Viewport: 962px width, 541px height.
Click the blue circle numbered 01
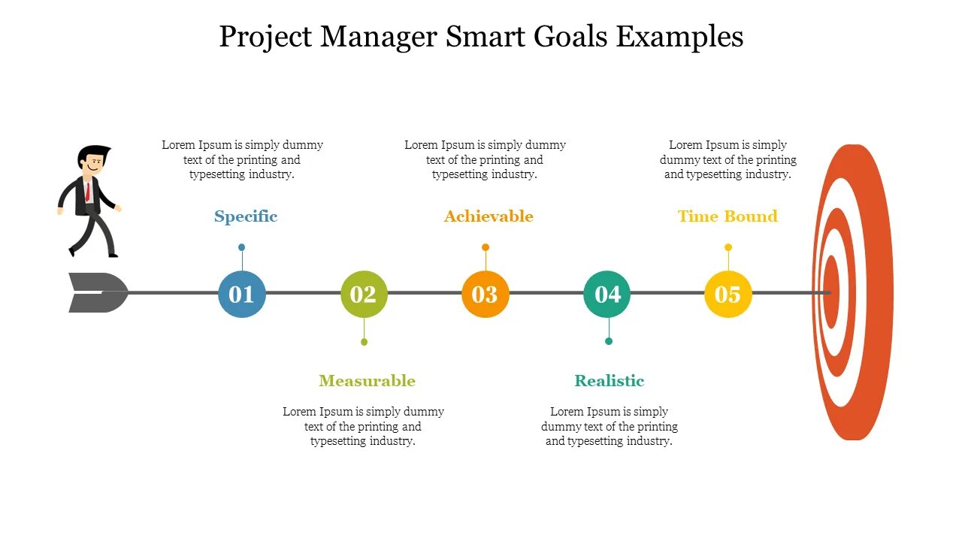[x=241, y=294]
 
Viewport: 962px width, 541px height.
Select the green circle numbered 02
[x=364, y=294]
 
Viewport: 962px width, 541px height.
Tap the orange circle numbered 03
[x=486, y=294]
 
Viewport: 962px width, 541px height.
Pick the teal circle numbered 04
[x=607, y=294]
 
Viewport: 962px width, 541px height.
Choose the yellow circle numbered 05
[x=728, y=294]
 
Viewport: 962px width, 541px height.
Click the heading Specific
[x=246, y=216]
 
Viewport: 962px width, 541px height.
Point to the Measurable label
[x=367, y=381]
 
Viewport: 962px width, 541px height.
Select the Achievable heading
[x=489, y=216]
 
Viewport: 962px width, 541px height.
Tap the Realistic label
[x=610, y=381]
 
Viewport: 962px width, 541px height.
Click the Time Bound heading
[x=728, y=216]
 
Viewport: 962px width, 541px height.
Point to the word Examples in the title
[x=680, y=36]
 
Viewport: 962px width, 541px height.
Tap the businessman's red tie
[x=88, y=192]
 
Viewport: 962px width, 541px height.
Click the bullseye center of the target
[x=830, y=292]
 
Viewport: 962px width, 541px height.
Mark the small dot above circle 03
[x=486, y=247]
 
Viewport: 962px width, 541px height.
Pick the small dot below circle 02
[x=364, y=342]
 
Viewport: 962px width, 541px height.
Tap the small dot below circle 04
[x=609, y=341]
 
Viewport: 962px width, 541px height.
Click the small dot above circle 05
[x=728, y=247]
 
